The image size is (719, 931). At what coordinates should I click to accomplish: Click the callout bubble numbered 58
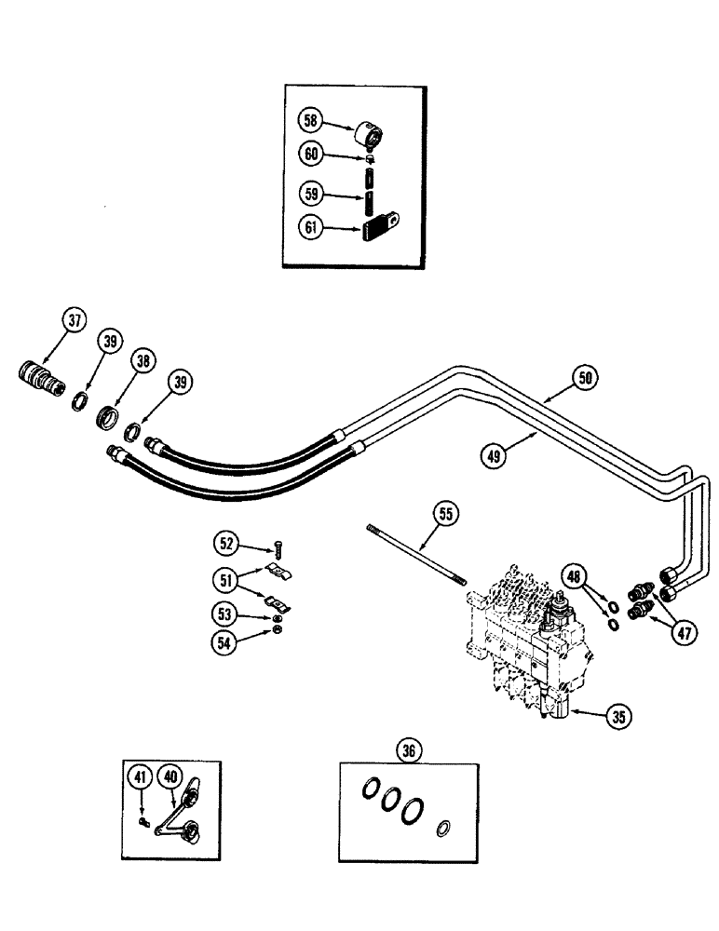pos(310,120)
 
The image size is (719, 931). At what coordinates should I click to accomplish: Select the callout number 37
pos(75,322)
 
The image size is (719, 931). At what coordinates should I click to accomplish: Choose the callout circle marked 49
pos(495,456)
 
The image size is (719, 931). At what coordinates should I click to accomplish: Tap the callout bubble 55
pos(446,512)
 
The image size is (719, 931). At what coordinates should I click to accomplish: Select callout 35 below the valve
pos(617,717)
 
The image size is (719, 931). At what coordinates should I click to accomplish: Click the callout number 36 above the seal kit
pos(407,749)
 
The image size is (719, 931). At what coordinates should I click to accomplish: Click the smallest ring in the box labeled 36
pos(444,827)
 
